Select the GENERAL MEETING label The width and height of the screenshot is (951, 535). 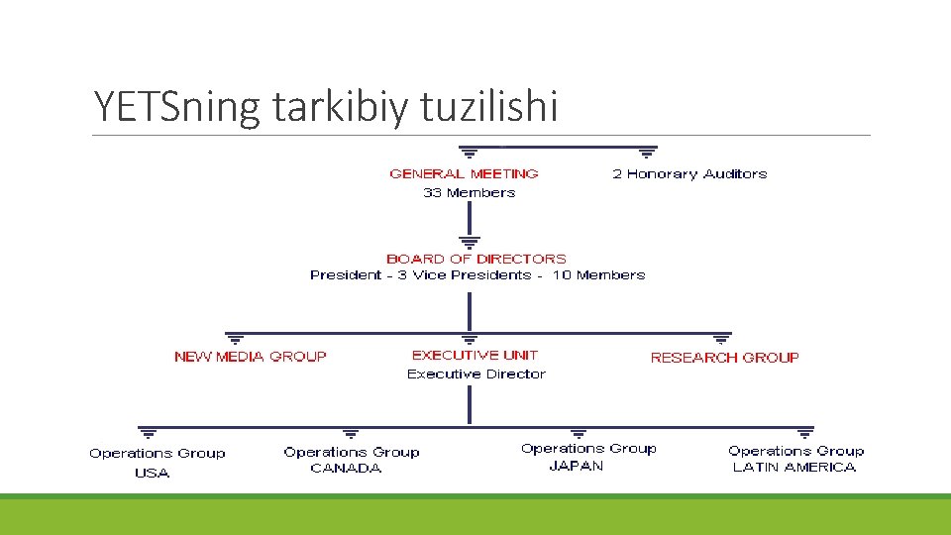[x=464, y=173]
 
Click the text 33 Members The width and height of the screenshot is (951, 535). [x=469, y=193]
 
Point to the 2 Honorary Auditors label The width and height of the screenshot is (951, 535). [x=689, y=173]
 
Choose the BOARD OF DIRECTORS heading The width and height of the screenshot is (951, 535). [x=476, y=259]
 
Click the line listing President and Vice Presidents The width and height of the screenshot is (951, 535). [x=476, y=275]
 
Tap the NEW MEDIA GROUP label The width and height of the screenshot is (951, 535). [x=250, y=357]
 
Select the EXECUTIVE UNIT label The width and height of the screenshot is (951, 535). [x=475, y=355]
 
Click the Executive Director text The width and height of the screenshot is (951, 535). [x=475, y=374]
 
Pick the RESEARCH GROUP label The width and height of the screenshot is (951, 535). [x=724, y=358]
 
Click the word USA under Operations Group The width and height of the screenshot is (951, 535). [x=153, y=473]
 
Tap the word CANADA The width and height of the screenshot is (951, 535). [x=346, y=469]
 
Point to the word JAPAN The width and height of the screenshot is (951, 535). [x=576, y=467]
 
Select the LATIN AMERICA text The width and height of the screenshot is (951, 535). [x=793, y=468]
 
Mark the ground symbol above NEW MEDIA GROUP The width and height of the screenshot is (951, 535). [x=236, y=339]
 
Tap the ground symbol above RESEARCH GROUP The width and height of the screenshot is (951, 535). [x=721, y=339]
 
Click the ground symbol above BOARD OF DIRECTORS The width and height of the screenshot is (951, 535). [x=470, y=241]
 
